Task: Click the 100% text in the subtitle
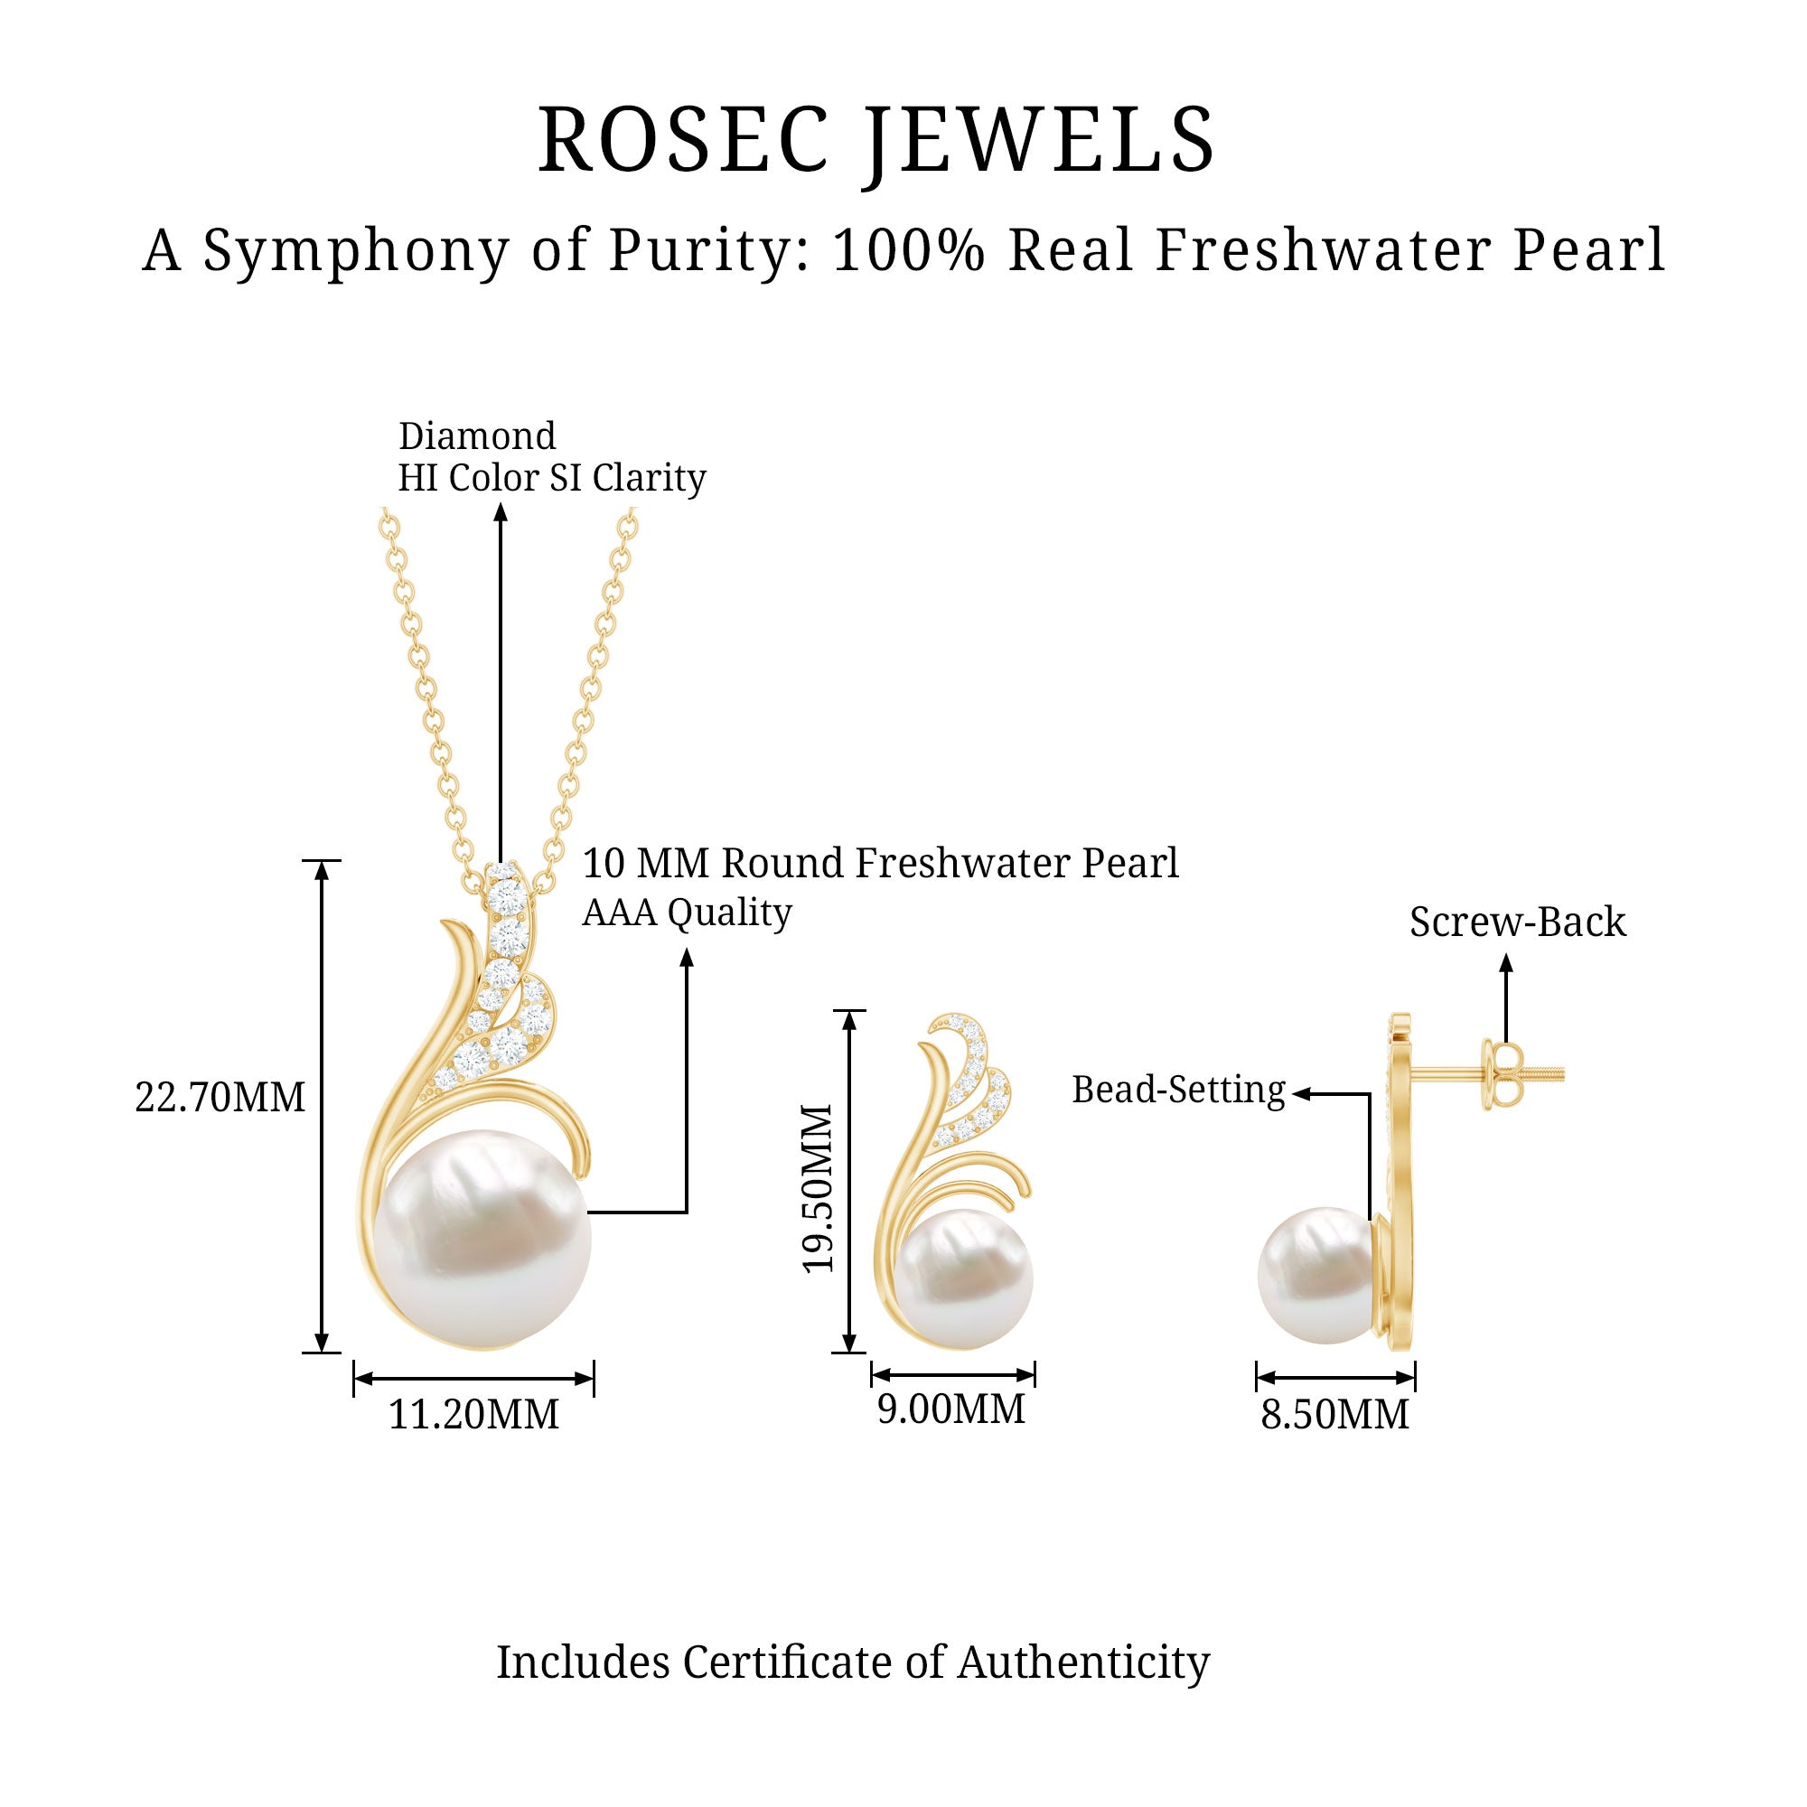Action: pyautogui.click(x=908, y=250)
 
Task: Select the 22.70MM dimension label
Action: pyautogui.click(x=220, y=1097)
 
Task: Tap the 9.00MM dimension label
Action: pyautogui.click(x=951, y=1409)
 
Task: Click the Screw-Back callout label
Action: pyautogui.click(x=1517, y=922)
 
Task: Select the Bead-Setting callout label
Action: pyautogui.click(x=1178, y=1090)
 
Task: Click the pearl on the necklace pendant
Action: pyautogui.click(x=482, y=1239)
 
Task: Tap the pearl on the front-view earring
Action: pyautogui.click(x=963, y=1278)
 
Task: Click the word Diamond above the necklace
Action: pyautogui.click(x=477, y=435)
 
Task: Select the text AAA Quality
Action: pyautogui.click(x=688, y=912)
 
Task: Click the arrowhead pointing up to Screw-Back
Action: pyautogui.click(x=1506, y=963)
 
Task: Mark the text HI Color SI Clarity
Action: pyautogui.click(x=552, y=478)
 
